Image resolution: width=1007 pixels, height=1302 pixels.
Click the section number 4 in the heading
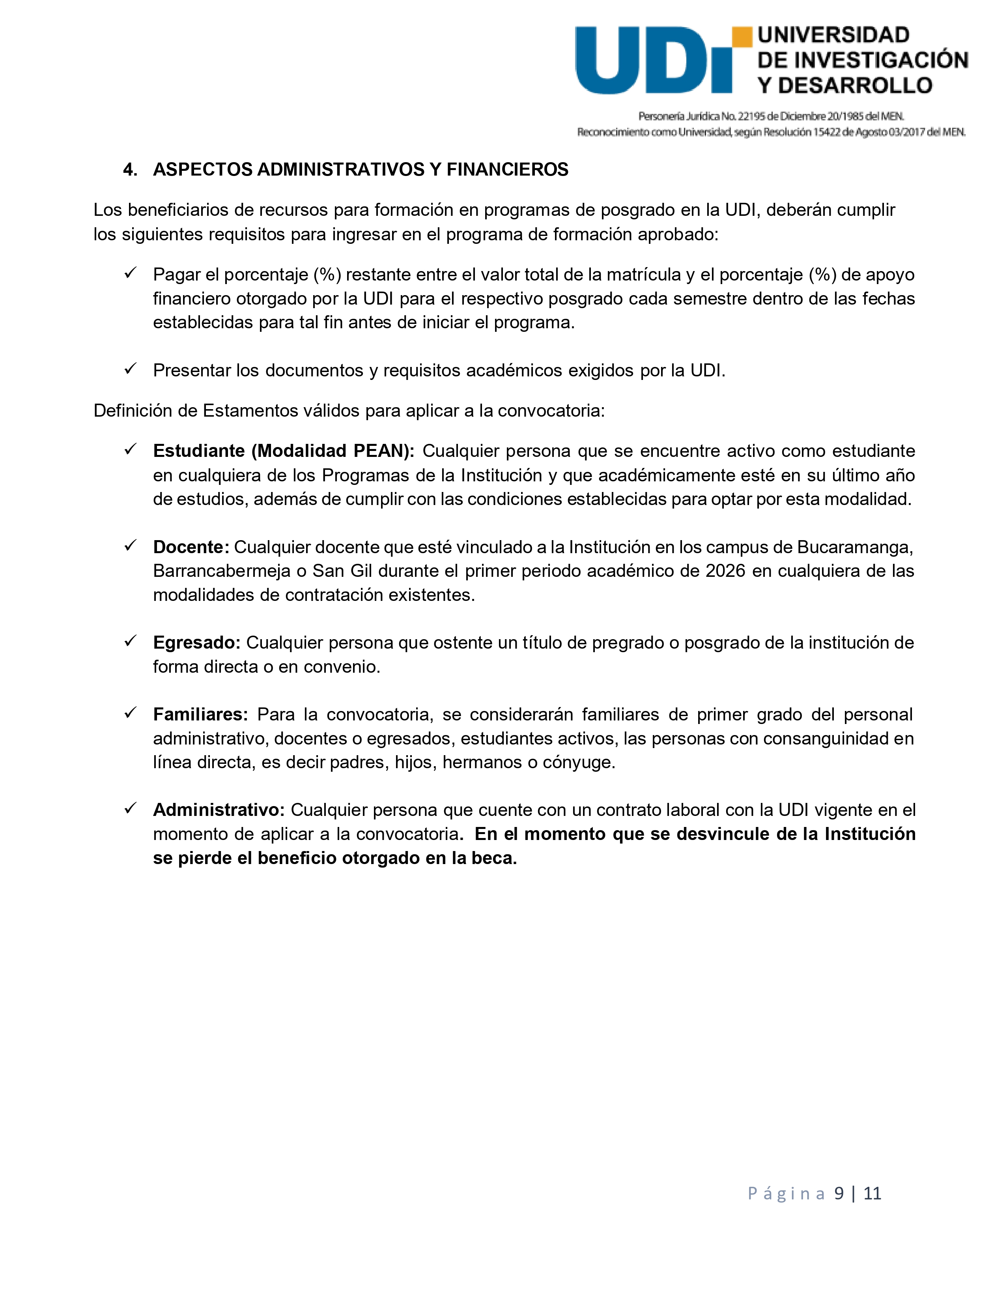tap(127, 170)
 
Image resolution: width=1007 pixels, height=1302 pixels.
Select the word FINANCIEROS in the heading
tap(507, 170)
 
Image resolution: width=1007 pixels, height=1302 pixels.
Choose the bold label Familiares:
tap(200, 714)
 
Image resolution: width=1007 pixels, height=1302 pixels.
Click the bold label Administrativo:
tap(219, 810)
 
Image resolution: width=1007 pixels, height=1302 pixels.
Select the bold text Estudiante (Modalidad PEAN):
tap(284, 451)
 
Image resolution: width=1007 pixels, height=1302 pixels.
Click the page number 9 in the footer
tap(839, 1193)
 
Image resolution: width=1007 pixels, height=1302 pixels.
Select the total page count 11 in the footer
tap(872, 1193)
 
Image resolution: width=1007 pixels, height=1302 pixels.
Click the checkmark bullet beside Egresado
tap(131, 642)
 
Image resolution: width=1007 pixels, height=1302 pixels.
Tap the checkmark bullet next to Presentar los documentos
tap(131, 369)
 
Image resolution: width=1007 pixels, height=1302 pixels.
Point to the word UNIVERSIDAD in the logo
tap(833, 35)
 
